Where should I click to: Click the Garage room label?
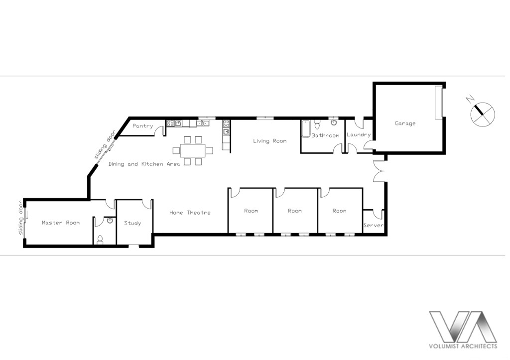(405, 123)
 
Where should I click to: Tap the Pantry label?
(142, 126)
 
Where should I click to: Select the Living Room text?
(269, 141)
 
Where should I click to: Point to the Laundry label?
(359, 134)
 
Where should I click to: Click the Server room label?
(374, 225)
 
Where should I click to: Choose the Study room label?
(132, 223)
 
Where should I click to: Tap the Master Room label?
(61, 223)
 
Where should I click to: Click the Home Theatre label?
(190, 213)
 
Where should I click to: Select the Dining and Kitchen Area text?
(144, 164)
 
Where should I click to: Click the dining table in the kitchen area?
(193, 150)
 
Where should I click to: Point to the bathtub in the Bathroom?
(305, 129)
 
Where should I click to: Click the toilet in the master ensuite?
(100, 240)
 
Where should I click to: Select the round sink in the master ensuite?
(110, 221)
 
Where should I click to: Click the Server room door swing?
(379, 214)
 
